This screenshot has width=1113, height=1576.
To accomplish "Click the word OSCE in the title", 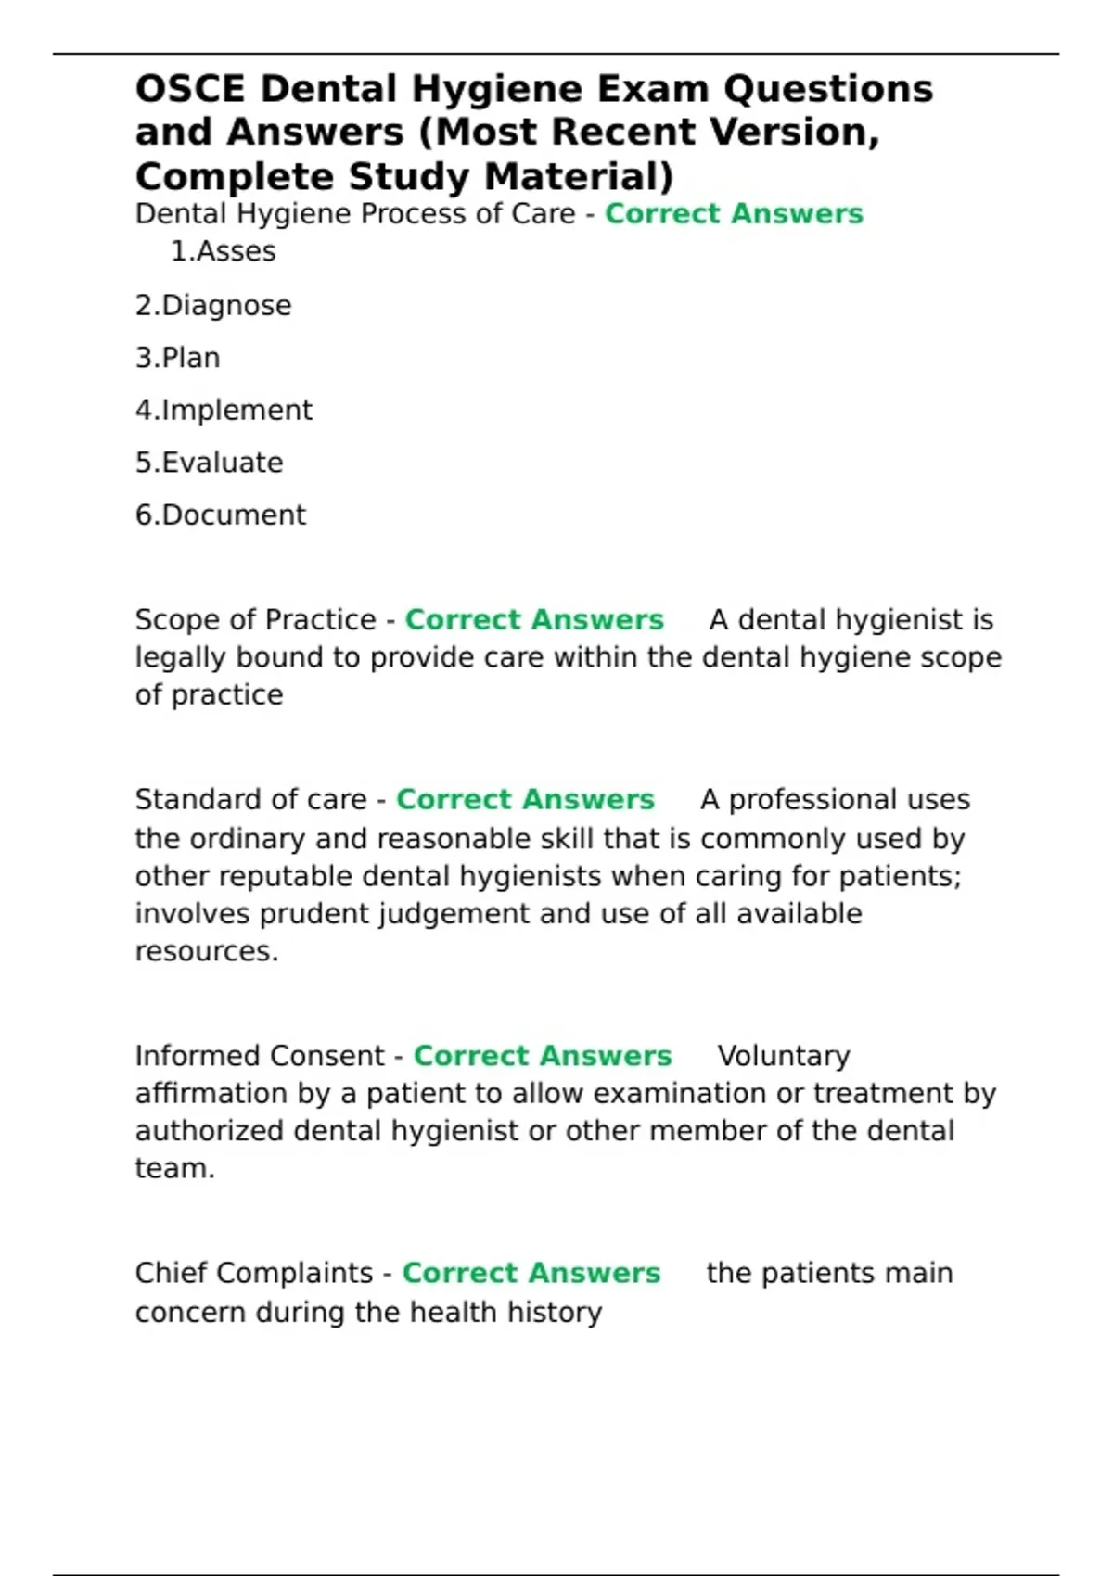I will tap(190, 90).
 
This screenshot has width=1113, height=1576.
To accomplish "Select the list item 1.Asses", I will tap(223, 251).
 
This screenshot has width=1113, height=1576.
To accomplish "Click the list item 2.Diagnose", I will tap(213, 305).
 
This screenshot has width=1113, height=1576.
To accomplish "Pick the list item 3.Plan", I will tap(177, 358).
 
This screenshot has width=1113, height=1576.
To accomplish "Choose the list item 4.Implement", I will tap(224, 410).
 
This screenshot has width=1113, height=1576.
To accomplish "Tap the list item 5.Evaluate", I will tap(209, 463).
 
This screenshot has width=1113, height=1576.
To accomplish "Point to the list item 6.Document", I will tap(220, 515).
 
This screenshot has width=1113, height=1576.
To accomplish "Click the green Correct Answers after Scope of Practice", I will tap(534, 619).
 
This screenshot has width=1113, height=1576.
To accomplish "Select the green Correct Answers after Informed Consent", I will tap(543, 1056).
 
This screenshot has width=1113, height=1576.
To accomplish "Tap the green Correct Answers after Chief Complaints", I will tap(531, 1273).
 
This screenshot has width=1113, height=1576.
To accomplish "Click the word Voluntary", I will tap(784, 1056).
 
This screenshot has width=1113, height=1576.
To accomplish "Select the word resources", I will tap(206, 951).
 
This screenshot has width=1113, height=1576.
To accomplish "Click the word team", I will tap(173, 1168).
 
